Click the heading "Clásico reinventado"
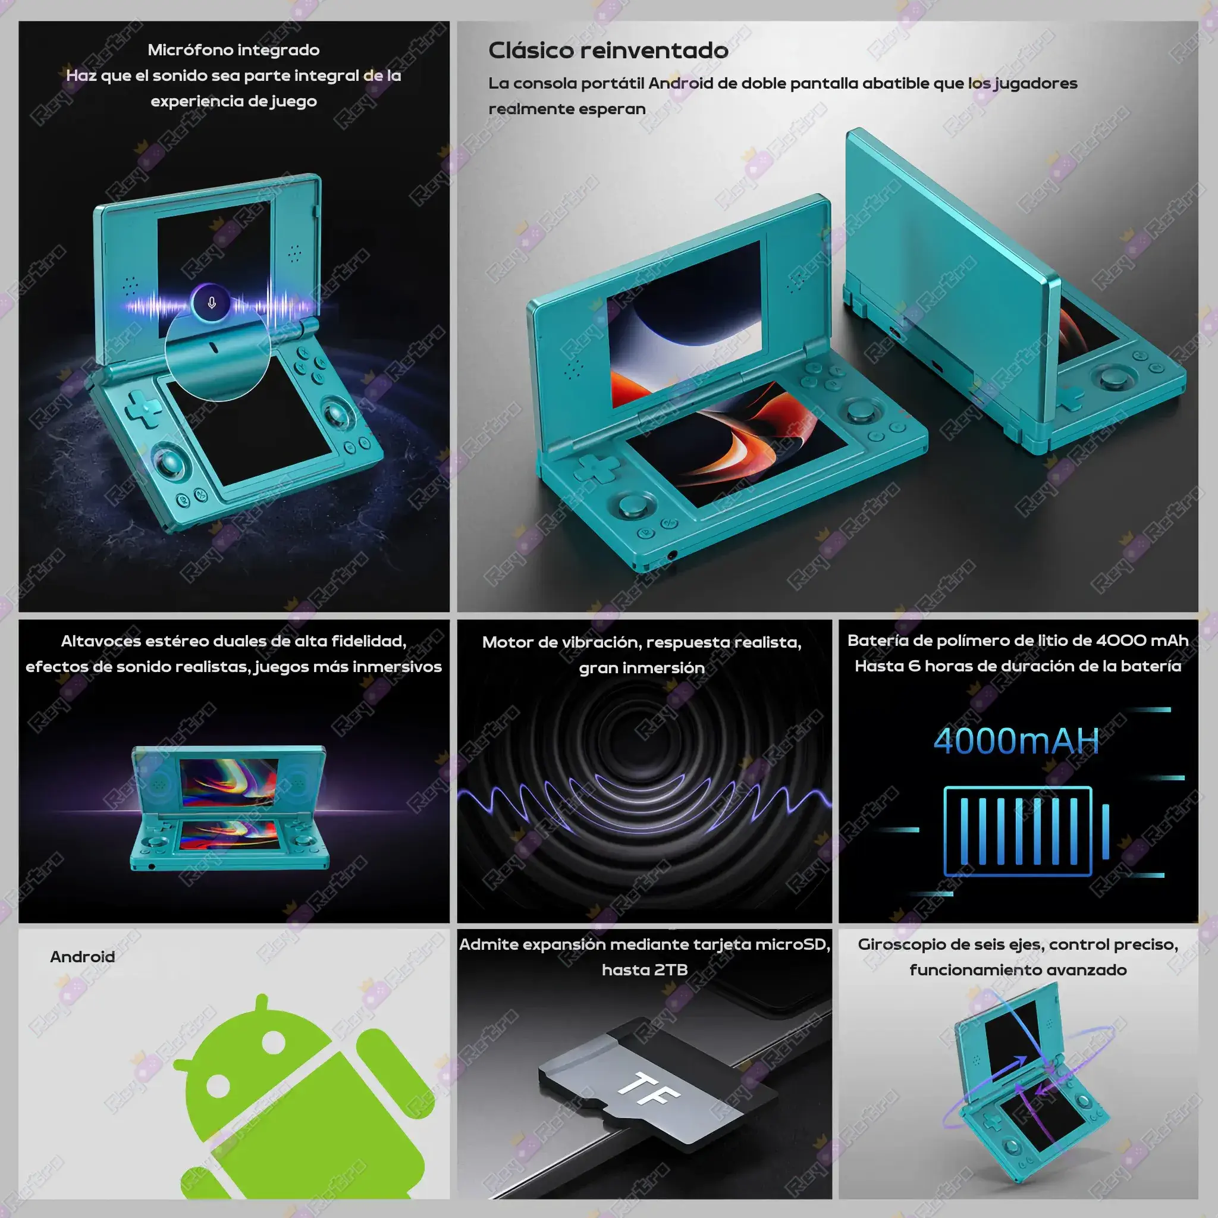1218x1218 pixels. pos(608,51)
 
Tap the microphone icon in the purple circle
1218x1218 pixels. pos(212,303)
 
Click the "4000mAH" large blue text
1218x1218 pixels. pos(1016,741)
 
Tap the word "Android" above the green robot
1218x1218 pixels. pos(83,956)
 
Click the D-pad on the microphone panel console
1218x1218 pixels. pos(144,409)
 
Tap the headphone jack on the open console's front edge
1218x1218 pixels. pos(672,555)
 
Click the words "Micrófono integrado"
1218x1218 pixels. pos(234,50)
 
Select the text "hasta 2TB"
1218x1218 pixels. pos(644,969)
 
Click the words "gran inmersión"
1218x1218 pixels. pos(642,668)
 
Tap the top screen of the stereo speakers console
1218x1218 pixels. pos(228,783)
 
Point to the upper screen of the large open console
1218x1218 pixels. pos(685,325)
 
